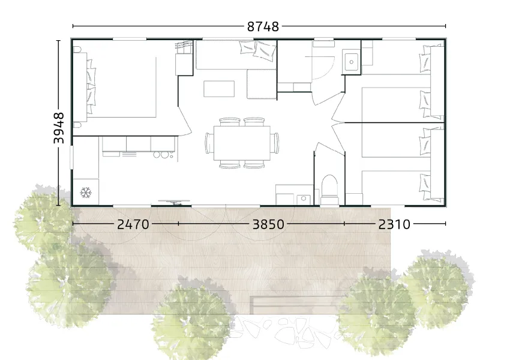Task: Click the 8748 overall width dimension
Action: pos(263,26)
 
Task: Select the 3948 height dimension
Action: pos(59,128)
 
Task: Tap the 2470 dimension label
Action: pos(133,224)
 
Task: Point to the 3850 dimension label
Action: pos(268,224)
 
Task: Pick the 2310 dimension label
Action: pos(394,224)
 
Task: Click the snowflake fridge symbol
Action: pos(86,193)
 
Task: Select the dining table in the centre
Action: pos(242,143)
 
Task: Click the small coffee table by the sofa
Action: pos(219,89)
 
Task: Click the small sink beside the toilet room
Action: pos(303,199)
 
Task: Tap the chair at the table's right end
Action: pos(275,143)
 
